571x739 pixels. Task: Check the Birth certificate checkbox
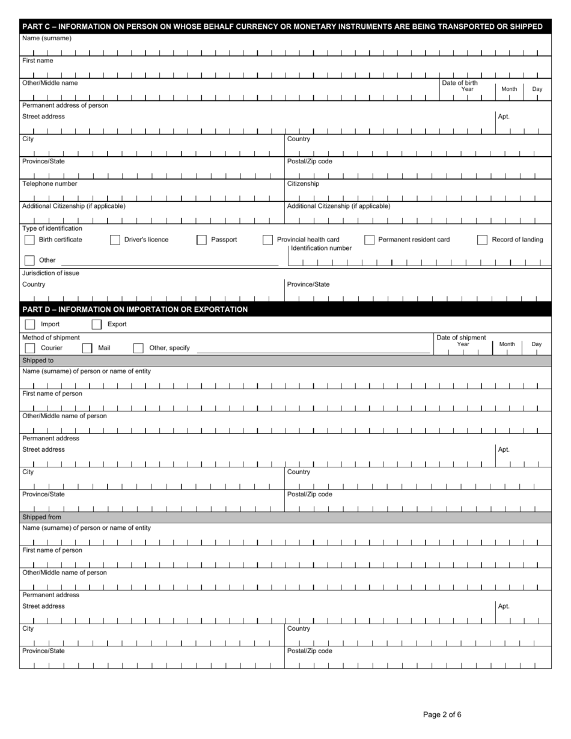(29, 240)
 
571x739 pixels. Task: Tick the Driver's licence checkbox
(115, 240)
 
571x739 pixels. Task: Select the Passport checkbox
(202, 240)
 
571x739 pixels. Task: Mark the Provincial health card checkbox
(268, 240)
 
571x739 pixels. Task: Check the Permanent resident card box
(369, 240)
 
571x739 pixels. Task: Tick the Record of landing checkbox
(482, 240)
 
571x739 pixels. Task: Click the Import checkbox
(30, 324)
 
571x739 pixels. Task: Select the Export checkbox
(97, 324)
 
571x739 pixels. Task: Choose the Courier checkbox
(30, 348)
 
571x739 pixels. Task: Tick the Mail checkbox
(87, 348)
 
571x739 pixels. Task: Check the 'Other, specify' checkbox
(138, 348)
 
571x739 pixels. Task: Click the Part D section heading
(135, 309)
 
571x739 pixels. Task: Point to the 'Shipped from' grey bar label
(41, 517)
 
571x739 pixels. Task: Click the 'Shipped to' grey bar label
(38, 360)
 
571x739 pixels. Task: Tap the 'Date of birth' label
(460, 83)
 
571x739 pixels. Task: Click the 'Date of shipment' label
(461, 338)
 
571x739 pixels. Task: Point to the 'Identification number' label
(321, 248)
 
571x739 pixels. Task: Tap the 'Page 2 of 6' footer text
(442, 715)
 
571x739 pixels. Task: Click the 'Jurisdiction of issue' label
(50, 273)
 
